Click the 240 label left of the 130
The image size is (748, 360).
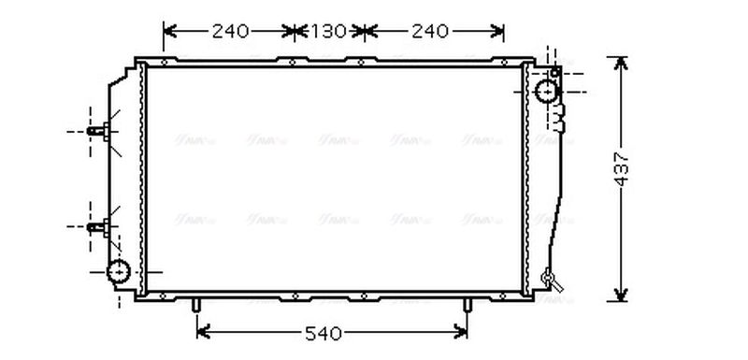[230, 32]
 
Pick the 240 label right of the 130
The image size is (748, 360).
[429, 32]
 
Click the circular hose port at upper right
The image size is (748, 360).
[547, 92]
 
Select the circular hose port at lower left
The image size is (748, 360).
[120, 272]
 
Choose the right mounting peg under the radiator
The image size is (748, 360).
[467, 306]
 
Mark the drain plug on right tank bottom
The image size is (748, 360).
[550, 277]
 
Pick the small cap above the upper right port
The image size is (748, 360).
[555, 71]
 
